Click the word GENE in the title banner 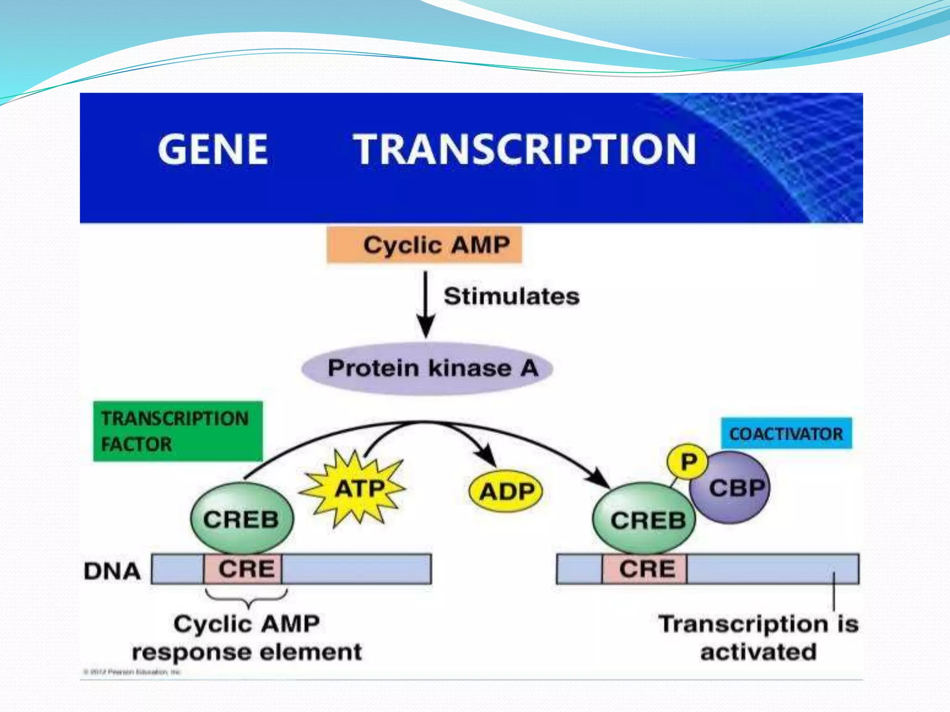click(x=213, y=149)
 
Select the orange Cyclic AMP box click(x=424, y=245)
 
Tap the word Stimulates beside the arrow click(x=511, y=296)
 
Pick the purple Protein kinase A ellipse click(x=427, y=369)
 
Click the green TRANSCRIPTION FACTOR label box click(x=178, y=431)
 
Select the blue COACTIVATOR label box click(x=786, y=433)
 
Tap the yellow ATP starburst click(x=355, y=489)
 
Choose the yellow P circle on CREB click(x=687, y=462)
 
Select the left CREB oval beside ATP click(x=242, y=519)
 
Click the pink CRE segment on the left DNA click(x=243, y=569)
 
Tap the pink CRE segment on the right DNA click(x=644, y=569)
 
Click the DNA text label click(x=112, y=571)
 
